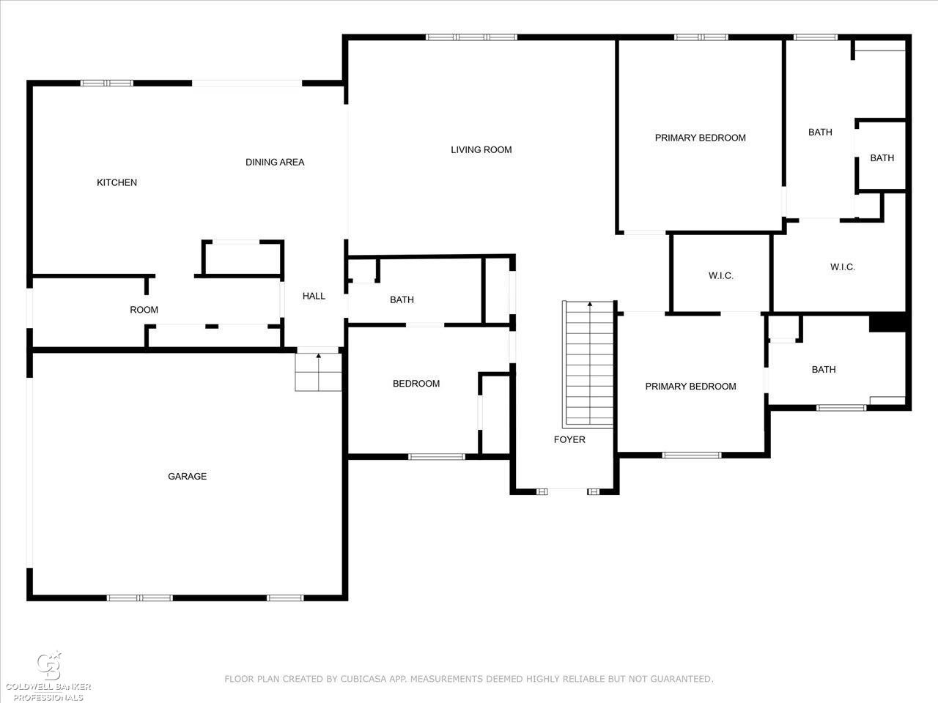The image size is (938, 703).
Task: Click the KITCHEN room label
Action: [x=117, y=182]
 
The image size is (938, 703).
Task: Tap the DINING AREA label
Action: [x=275, y=162]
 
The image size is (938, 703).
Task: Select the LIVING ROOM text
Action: [x=481, y=150]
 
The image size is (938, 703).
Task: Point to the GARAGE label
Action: [x=187, y=476]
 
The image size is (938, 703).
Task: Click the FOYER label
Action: [x=569, y=439]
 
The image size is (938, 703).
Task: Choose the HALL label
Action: [x=314, y=296]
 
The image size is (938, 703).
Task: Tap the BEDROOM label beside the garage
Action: [x=416, y=384]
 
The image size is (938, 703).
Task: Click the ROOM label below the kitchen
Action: [x=144, y=310]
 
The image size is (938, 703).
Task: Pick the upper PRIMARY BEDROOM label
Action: [x=701, y=138]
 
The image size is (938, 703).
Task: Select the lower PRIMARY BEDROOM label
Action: [x=690, y=387]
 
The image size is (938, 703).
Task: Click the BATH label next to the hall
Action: [x=402, y=300]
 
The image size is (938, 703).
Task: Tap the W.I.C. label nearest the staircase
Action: [x=721, y=276]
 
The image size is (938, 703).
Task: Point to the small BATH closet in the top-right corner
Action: [x=882, y=158]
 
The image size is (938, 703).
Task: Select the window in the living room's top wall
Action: [x=471, y=37]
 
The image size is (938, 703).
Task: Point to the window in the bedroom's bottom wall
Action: [x=436, y=457]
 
